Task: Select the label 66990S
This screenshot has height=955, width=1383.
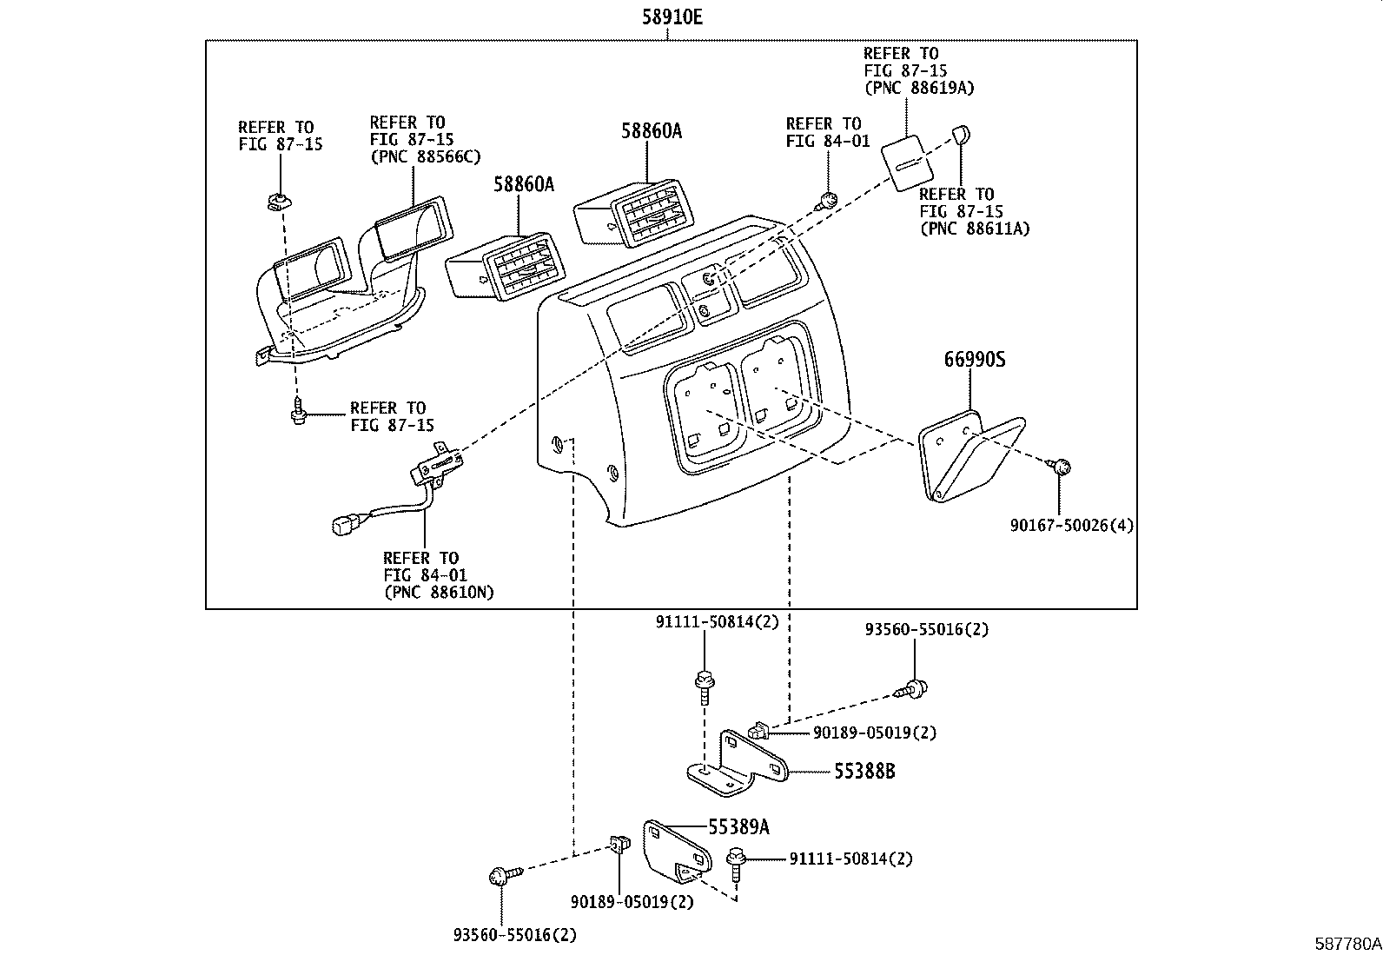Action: point(974,359)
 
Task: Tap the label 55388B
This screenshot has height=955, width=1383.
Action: point(864,770)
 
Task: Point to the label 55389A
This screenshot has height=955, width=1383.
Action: point(738,826)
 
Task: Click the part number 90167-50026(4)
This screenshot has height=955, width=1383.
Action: point(1071,525)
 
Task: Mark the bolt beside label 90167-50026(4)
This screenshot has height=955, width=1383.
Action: point(1060,467)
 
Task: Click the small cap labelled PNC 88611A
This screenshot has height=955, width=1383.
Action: point(961,134)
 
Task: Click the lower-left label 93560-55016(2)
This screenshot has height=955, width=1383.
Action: point(514,935)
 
